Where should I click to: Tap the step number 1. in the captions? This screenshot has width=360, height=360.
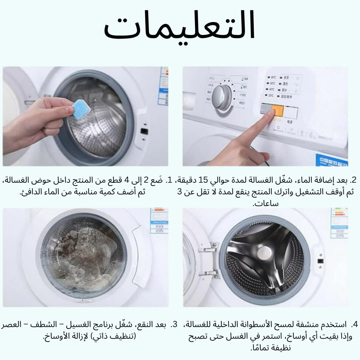[x=169, y=181]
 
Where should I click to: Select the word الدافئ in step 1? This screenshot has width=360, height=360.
[x=33, y=192]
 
